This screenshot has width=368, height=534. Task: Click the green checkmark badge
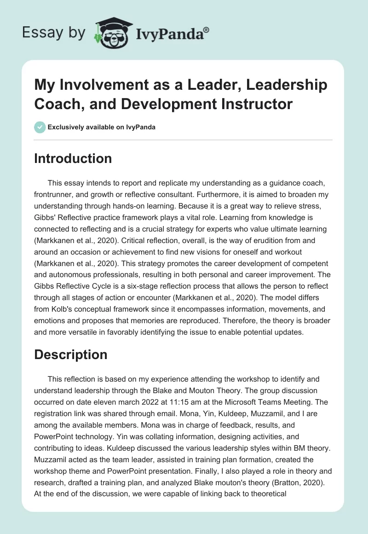40,127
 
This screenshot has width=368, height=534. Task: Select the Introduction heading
73,158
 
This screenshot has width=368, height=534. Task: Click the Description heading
71,354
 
